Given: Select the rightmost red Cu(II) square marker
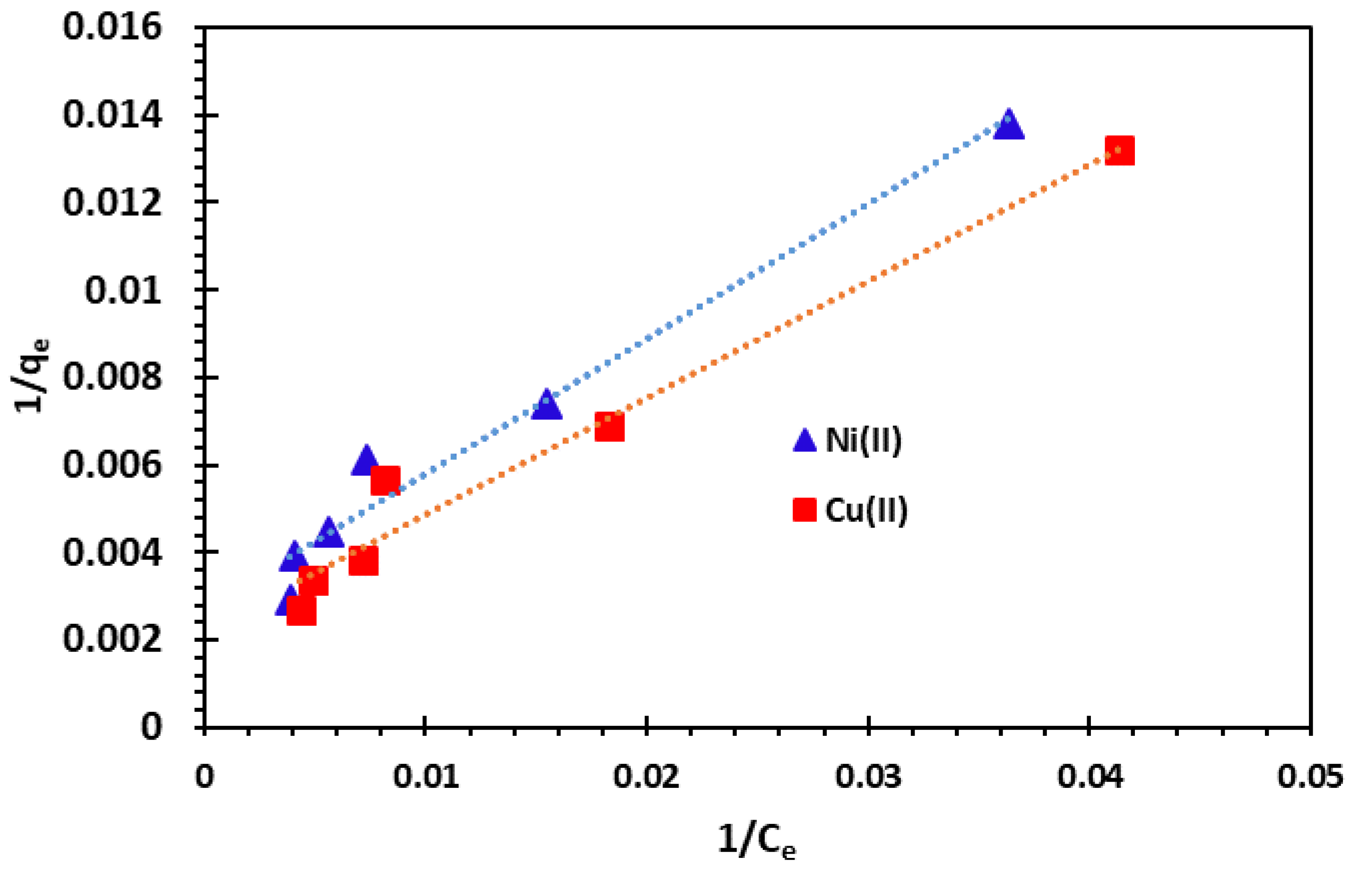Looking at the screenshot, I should pos(1120,151).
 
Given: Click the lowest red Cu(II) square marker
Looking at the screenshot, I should pos(301,611).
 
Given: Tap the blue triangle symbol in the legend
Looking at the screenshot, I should pos(804,441).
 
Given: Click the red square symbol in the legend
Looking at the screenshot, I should pos(804,510).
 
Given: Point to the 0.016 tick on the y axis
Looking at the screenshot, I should pos(112,27).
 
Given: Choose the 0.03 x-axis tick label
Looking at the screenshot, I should pos(868,777).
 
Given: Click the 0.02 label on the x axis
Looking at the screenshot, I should pos(646,777).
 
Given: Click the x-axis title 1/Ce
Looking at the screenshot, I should pos(757,841).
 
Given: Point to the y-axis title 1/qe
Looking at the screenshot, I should pos(33,376).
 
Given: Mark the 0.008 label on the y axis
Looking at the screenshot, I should pos(112,377).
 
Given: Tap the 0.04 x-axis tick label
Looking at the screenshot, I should pos(1090,777).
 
